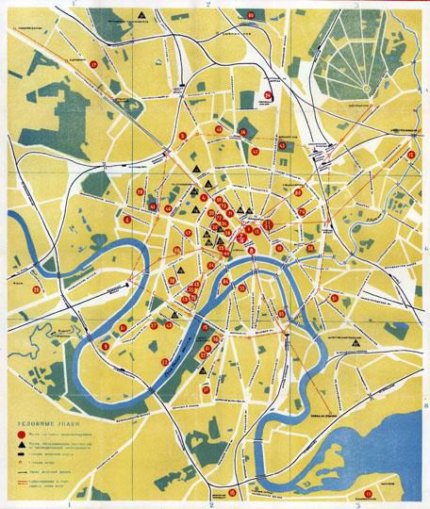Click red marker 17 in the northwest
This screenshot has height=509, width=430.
(95, 63)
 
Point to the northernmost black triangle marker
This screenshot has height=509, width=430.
(141, 16)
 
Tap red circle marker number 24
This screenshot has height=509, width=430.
(268, 94)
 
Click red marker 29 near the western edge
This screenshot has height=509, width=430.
(36, 289)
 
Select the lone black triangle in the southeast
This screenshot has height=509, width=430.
(354, 344)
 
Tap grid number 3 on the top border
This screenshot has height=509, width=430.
(356, 5)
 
